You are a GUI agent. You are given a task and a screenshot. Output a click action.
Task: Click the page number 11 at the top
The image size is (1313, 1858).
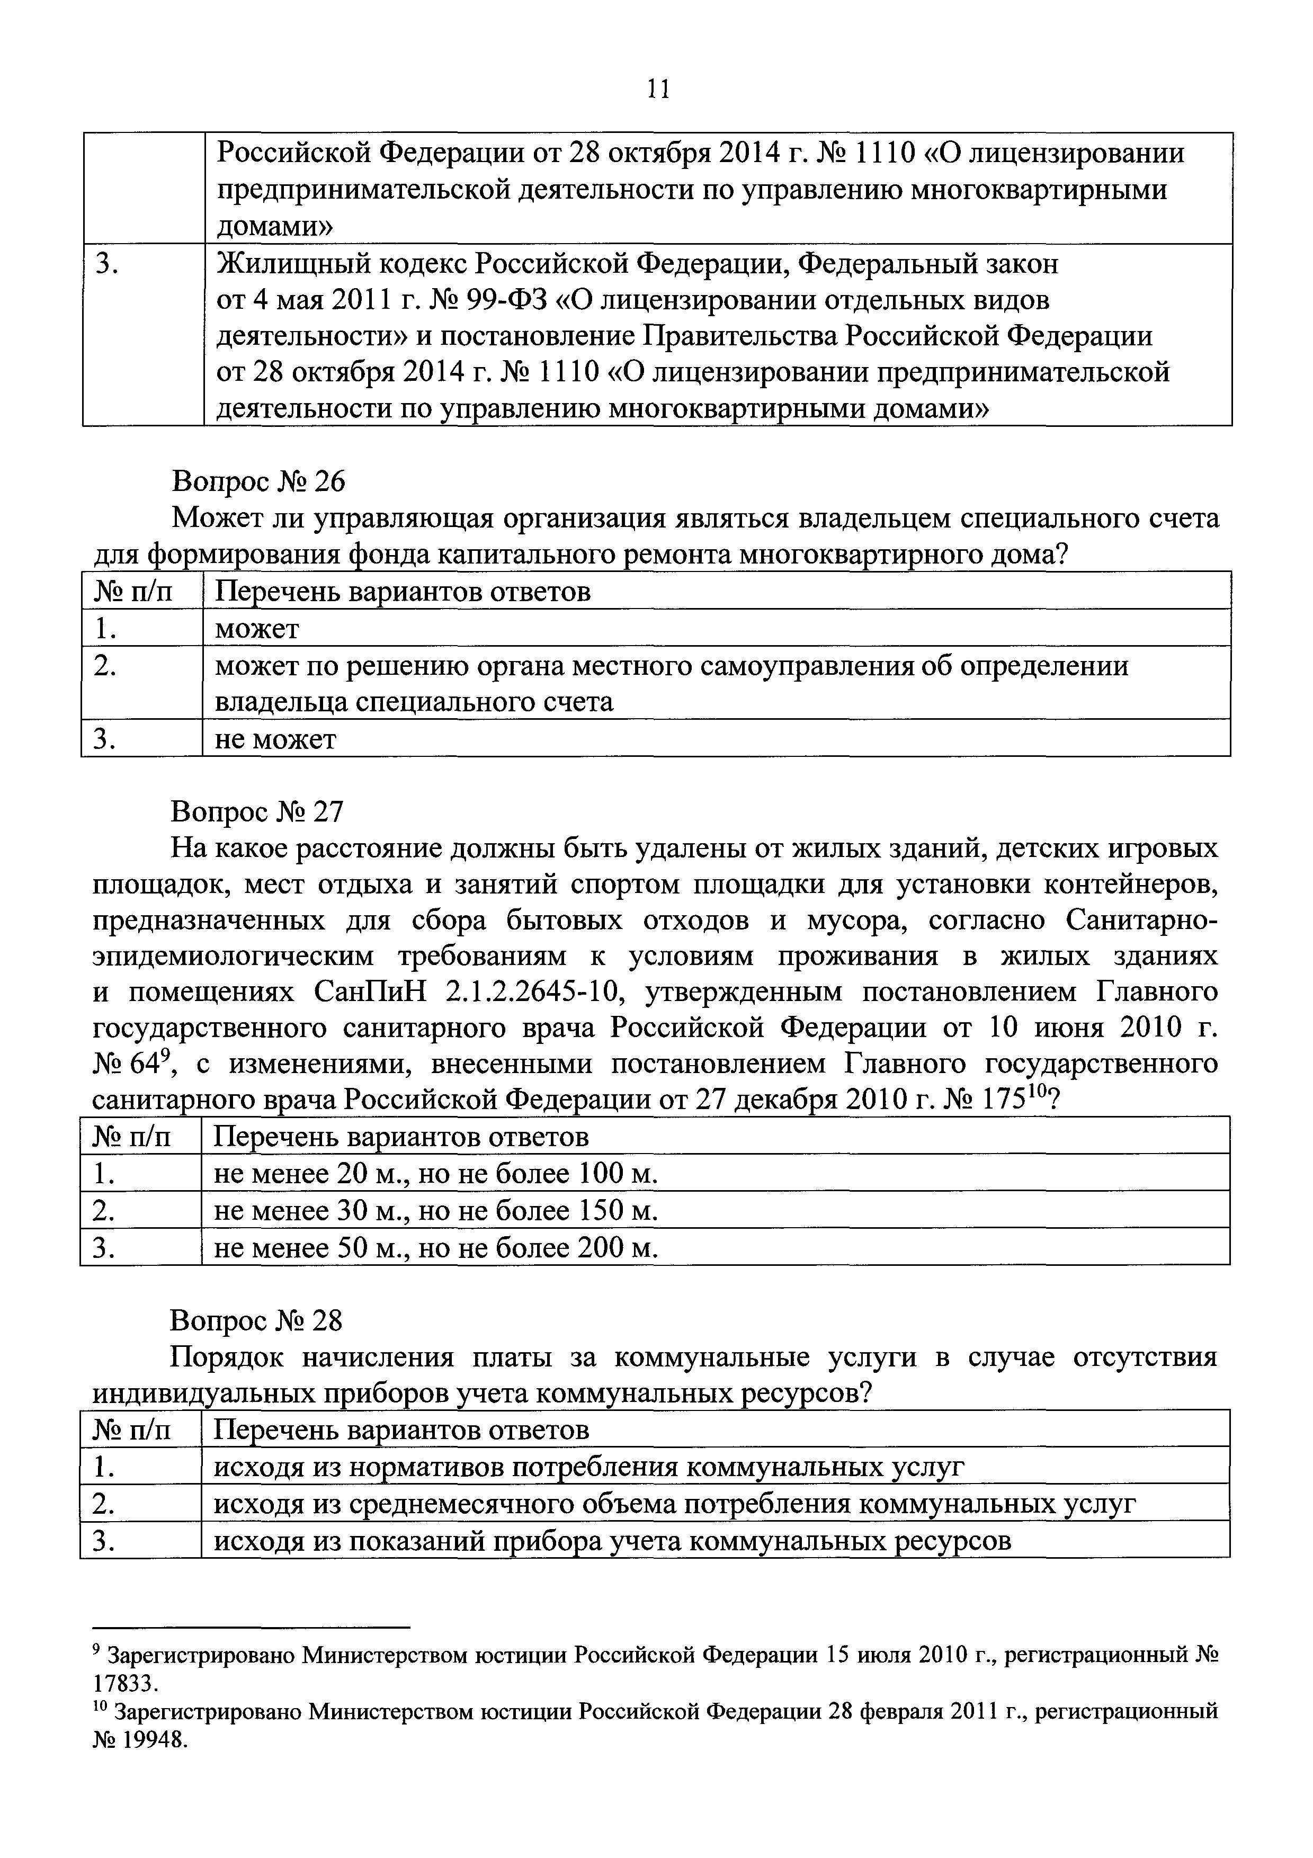pos(658,89)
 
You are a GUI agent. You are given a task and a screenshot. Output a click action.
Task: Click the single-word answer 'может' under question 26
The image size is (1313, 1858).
pos(256,629)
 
